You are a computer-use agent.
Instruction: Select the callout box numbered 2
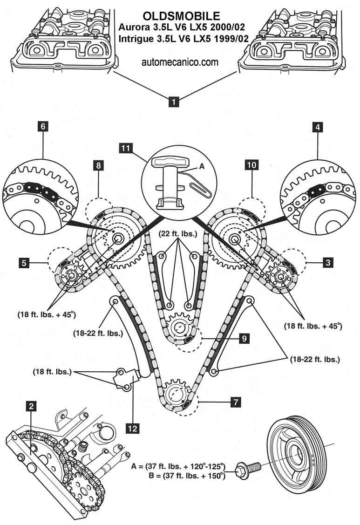pos(31,407)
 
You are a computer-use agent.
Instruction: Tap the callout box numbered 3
pos(328,263)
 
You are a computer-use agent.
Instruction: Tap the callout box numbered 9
pos(244,339)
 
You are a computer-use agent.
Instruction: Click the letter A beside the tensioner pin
pos(202,165)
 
